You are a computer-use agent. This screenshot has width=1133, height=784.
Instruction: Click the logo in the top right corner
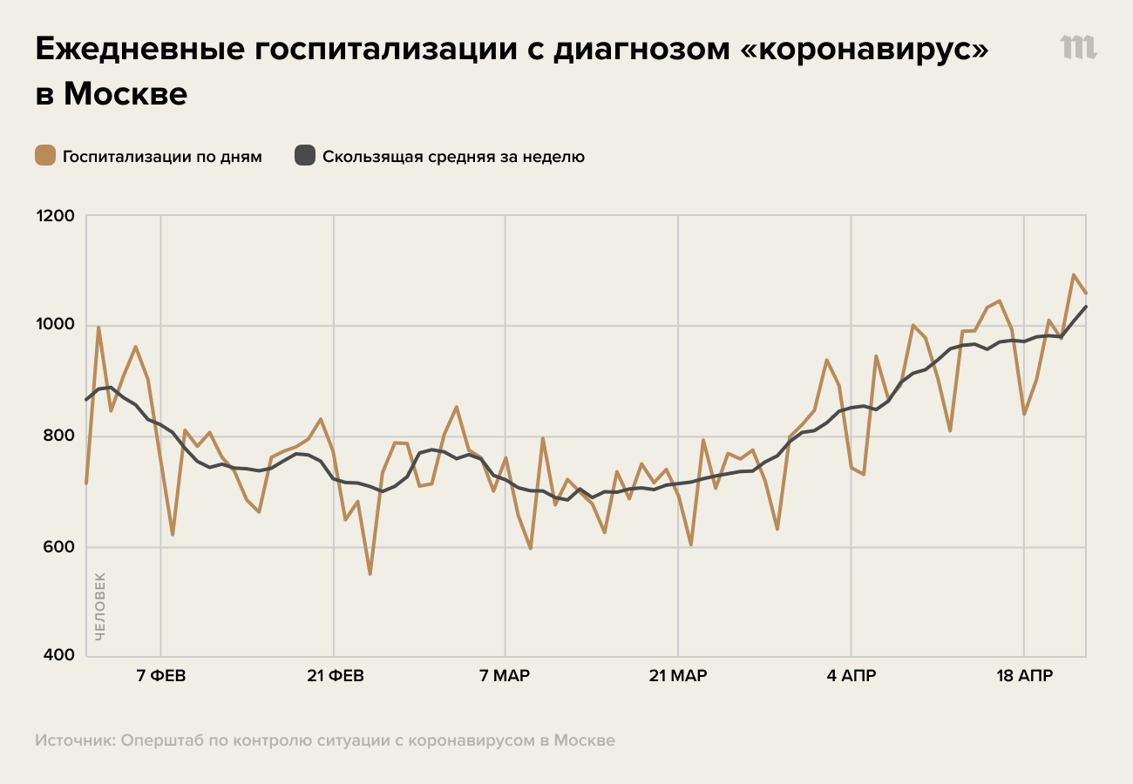[1078, 48]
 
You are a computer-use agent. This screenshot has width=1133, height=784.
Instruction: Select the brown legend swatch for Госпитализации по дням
[45, 157]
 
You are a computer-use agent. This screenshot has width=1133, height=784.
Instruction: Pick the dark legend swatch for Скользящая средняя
[304, 157]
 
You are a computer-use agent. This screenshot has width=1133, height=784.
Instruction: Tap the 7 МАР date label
[505, 677]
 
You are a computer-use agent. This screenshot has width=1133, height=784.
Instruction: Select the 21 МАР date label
[678, 677]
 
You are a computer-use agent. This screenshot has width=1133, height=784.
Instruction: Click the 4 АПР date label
[851, 677]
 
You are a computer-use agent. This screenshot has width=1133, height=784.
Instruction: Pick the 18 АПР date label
[1023, 677]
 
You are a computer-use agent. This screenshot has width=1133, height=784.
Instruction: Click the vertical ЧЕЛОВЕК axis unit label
[99, 606]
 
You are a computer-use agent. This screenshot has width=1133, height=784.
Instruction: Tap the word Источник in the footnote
[74, 740]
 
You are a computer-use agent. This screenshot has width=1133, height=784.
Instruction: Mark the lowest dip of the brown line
[370, 574]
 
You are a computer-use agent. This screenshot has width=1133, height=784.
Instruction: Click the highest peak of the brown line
[1073, 275]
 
